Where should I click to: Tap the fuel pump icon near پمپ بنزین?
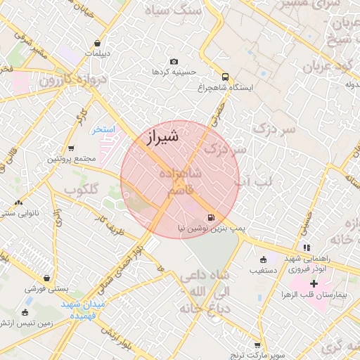point(212,217)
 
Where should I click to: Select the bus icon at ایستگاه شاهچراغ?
point(225,77)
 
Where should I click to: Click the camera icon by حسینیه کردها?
point(174,61)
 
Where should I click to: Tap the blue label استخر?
point(104,131)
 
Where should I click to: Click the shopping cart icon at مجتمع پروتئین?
point(71,148)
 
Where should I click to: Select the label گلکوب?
point(83,191)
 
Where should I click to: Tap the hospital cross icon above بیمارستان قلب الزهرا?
point(314,283)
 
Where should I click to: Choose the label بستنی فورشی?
point(46,289)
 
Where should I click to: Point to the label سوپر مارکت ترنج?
point(257,355)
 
